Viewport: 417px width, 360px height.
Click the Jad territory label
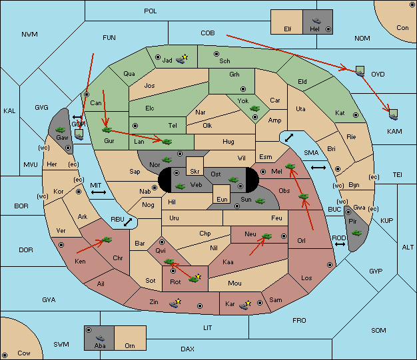[x=167, y=61]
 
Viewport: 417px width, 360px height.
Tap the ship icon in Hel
[x=316, y=21]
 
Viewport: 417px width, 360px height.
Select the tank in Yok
[x=254, y=108]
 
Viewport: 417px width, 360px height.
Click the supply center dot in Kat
[x=356, y=115]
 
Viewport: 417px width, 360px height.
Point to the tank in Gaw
[x=61, y=130]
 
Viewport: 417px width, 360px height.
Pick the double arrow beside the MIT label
[x=99, y=192]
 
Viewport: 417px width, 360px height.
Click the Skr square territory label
[x=195, y=172]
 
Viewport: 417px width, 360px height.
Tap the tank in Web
[x=180, y=186]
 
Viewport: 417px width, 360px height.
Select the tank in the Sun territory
[x=260, y=201]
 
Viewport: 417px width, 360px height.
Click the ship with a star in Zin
[x=175, y=303]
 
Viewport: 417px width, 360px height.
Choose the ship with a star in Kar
[x=244, y=305]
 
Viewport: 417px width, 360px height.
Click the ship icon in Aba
[x=101, y=338]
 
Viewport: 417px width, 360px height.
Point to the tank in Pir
[x=356, y=233]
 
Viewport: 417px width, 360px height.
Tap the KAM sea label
[x=394, y=131]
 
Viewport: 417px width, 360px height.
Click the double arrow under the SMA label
[x=318, y=168]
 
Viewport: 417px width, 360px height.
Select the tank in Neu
[x=266, y=236]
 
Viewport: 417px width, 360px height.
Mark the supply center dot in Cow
[x=5, y=355]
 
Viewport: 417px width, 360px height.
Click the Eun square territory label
[x=222, y=199]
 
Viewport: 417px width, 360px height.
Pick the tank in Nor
[x=167, y=160]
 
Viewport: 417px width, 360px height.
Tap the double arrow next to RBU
[x=128, y=222]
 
